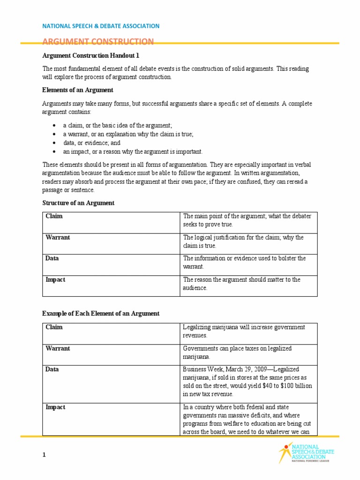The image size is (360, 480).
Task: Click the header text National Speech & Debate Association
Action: [x=101, y=26]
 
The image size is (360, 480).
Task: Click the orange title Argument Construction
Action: [x=98, y=42]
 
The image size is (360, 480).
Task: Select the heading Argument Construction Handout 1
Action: [x=91, y=55]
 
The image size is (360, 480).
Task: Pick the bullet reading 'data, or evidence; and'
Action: [x=92, y=143]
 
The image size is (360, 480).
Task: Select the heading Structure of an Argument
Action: [x=78, y=203]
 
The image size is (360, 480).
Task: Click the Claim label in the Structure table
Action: [x=54, y=216]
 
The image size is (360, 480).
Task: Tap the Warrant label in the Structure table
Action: [x=58, y=237]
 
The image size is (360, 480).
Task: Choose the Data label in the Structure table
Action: [x=52, y=258]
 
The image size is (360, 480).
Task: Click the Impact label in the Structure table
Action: [x=55, y=279]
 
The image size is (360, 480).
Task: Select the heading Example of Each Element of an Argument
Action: [x=101, y=314]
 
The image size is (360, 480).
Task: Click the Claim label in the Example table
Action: [x=54, y=327]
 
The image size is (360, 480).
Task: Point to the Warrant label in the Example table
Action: [x=58, y=348]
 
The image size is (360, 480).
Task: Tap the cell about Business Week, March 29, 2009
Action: [x=247, y=382]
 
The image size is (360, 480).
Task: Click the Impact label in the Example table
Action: [x=55, y=407]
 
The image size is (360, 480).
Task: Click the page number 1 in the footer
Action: [x=44, y=455]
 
